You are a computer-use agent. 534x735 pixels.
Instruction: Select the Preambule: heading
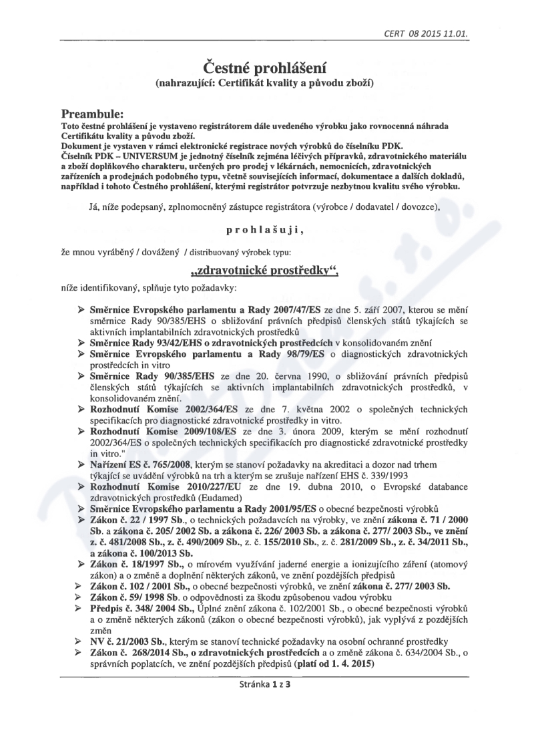(x=97, y=114)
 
